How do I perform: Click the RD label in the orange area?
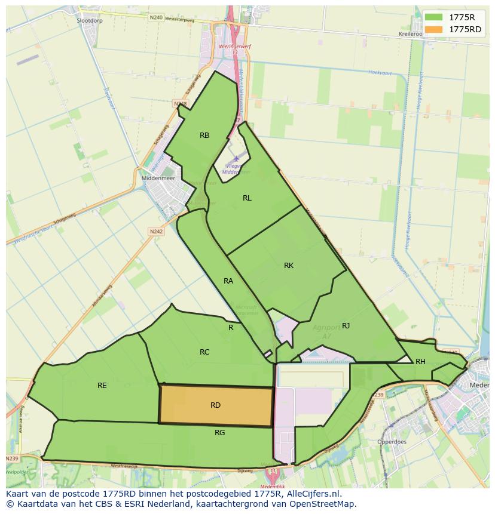pos(216,405)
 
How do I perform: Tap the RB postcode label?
pos(204,136)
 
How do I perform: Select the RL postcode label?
pos(247,198)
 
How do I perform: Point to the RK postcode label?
pos(289,266)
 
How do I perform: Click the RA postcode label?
pos(228,281)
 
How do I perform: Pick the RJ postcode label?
pos(346,325)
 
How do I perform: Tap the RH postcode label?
pos(420,362)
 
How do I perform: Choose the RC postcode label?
pos(204,352)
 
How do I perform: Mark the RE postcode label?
pos(102,386)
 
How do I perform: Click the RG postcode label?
pos(219,433)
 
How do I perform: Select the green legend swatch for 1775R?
pos(435,17)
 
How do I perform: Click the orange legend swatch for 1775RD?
pos(435,29)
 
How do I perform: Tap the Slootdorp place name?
pos(90,20)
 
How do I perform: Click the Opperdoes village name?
pos(392,442)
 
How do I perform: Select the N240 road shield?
pos(156,18)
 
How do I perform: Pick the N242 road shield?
pos(156,232)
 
